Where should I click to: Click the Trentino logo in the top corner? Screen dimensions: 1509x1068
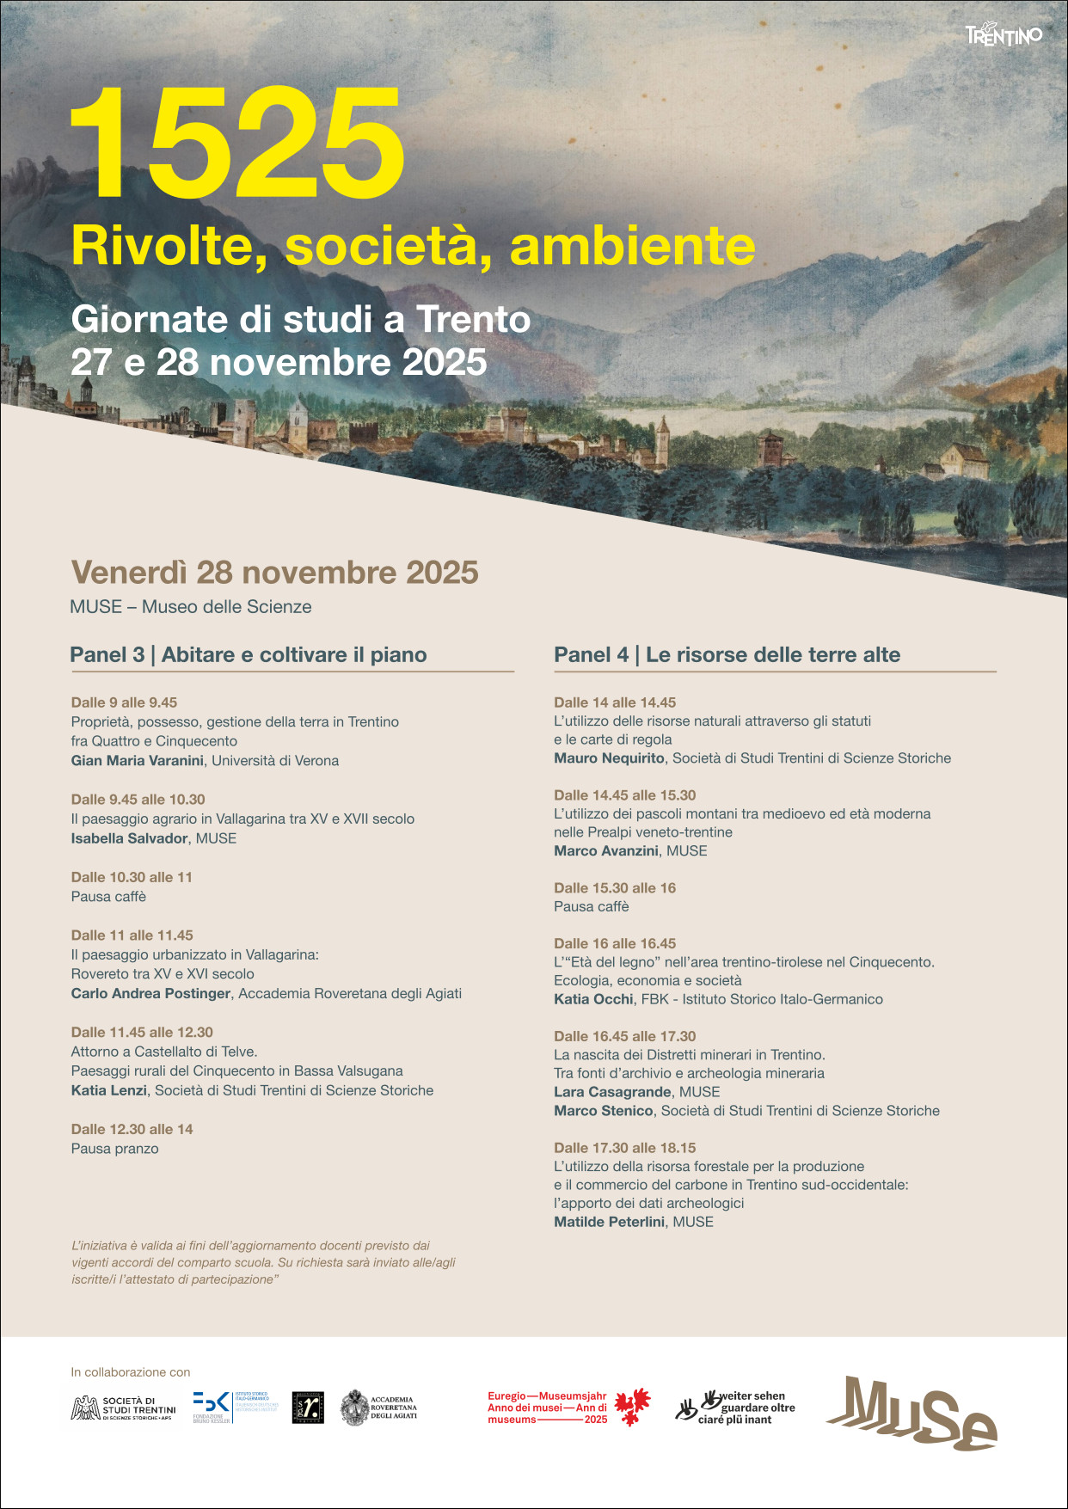[1003, 35]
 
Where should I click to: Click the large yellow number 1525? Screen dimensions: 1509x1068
[236, 143]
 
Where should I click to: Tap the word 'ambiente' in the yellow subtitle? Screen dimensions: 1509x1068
[632, 246]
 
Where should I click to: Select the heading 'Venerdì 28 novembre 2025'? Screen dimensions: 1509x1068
[274, 573]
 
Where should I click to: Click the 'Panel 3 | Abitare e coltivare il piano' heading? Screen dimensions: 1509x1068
[249, 655]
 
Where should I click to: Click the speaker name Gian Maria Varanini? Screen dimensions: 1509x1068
[138, 761]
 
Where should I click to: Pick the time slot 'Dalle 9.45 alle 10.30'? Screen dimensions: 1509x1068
[138, 800]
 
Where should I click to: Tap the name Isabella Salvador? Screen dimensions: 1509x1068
[129, 838]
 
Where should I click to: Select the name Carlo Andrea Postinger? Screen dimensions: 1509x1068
[150, 994]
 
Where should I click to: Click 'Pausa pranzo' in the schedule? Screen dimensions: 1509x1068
[114, 1149]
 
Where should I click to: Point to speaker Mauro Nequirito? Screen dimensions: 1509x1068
[609, 758]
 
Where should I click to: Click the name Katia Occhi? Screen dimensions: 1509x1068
[593, 999]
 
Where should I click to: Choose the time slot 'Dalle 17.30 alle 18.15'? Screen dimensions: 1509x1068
[624, 1148]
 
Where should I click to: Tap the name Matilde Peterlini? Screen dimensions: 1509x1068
[609, 1222]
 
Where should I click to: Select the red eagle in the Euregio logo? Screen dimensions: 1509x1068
[632, 1407]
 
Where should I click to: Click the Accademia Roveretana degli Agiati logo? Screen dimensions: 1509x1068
[379, 1408]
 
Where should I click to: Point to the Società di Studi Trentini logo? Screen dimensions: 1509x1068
[123, 1408]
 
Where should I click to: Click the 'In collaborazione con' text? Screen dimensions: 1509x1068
[131, 1372]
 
